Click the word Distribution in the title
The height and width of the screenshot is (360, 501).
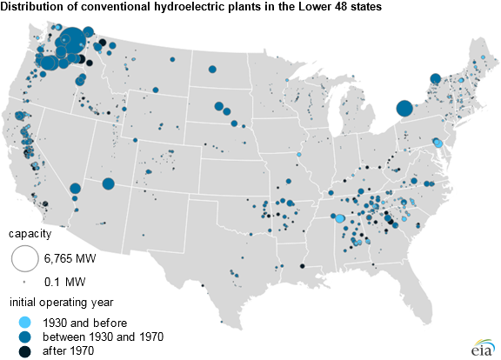coord(31,8)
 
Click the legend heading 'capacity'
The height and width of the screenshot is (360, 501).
coord(30,234)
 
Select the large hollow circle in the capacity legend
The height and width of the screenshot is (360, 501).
coord(24,258)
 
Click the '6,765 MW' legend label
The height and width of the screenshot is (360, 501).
coord(70,259)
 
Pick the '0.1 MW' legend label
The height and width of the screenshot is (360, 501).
coord(62,283)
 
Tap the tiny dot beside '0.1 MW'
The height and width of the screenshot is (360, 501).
coord(24,283)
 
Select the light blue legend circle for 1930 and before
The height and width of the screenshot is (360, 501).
coord(24,322)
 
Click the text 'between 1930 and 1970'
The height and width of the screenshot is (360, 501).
coord(98,337)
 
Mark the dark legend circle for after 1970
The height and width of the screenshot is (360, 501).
coord(24,350)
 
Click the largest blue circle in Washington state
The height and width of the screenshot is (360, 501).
coord(74,41)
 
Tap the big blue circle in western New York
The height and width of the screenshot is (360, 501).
coord(404,109)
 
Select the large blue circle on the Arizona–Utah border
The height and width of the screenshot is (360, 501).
coord(109,183)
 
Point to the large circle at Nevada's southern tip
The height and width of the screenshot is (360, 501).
coord(76,188)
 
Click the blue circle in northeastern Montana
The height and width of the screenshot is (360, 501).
coord(211,70)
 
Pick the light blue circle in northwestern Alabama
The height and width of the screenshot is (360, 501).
coord(340,220)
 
